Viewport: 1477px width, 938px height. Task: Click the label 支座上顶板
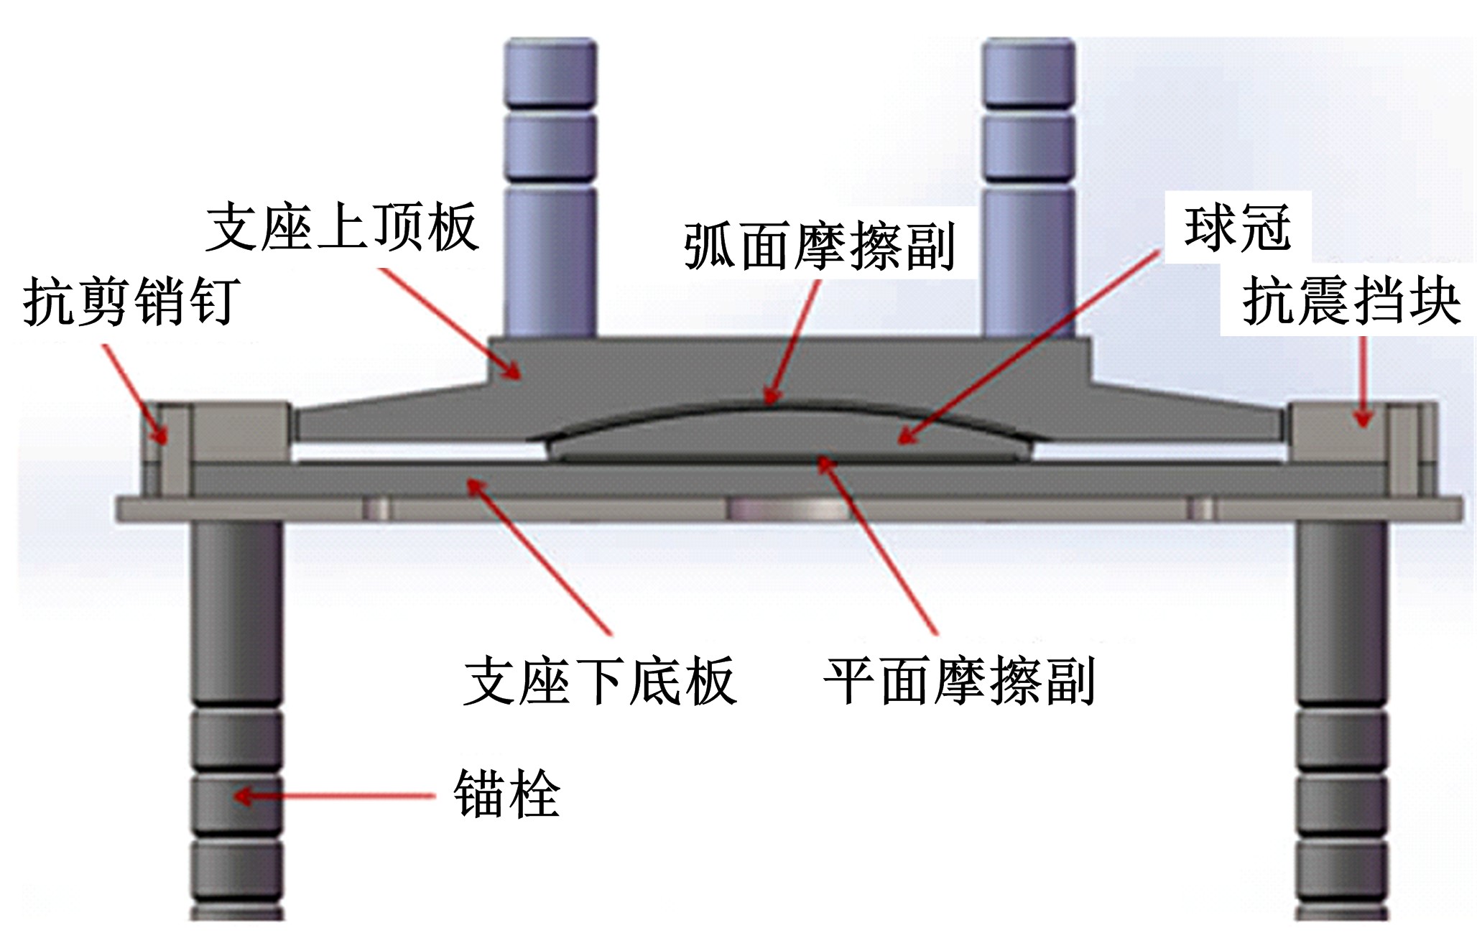click(x=342, y=227)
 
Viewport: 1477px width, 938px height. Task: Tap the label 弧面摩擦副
click(x=819, y=246)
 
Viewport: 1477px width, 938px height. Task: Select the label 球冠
click(x=1237, y=228)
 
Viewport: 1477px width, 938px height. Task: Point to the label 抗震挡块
click(x=1351, y=301)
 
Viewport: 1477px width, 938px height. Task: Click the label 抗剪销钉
click(x=131, y=302)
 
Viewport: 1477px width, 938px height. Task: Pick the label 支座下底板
click(x=599, y=681)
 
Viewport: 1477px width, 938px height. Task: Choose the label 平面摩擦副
click(x=958, y=681)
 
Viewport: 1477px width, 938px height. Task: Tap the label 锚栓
click(x=506, y=794)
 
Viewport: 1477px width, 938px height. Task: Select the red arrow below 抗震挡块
click(x=1362, y=381)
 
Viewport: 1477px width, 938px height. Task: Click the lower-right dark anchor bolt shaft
click(x=1342, y=610)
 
